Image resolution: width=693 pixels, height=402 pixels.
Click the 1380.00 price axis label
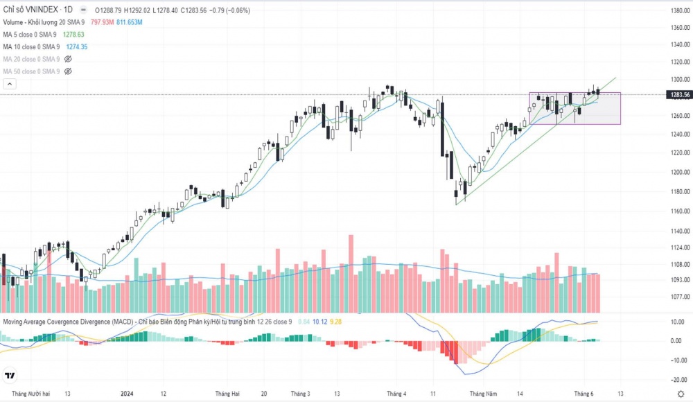tap(678, 10)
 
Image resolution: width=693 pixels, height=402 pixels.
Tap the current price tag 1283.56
tap(678, 94)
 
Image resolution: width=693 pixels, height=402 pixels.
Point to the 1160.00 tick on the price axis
tap(678, 211)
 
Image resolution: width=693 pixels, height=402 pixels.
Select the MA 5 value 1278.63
tap(73, 34)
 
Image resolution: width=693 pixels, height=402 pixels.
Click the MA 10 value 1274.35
tap(77, 46)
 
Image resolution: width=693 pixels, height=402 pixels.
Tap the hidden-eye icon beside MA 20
tap(68, 59)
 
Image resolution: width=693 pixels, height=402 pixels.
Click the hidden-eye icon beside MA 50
tap(68, 71)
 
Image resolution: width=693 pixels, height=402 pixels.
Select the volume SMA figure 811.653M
tap(130, 22)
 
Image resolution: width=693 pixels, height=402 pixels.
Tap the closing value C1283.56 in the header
tap(198, 10)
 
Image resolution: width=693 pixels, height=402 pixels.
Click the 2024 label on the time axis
tap(127, 394)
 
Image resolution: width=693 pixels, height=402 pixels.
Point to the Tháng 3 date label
tap(300, 394)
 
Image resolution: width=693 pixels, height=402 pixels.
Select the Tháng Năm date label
tap(483, 394)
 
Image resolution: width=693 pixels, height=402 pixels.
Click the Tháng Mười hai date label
tap(27, 394)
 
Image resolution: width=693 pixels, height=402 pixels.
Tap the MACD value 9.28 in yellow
tap(335, 322)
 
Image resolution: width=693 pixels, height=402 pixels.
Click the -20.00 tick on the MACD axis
tap(678, 379)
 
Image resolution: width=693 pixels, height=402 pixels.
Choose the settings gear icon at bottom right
tap(681, 394)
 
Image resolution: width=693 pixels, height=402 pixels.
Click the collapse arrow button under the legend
tap(10, 84)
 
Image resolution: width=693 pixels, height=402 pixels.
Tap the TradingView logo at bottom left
tap(10, 376)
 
